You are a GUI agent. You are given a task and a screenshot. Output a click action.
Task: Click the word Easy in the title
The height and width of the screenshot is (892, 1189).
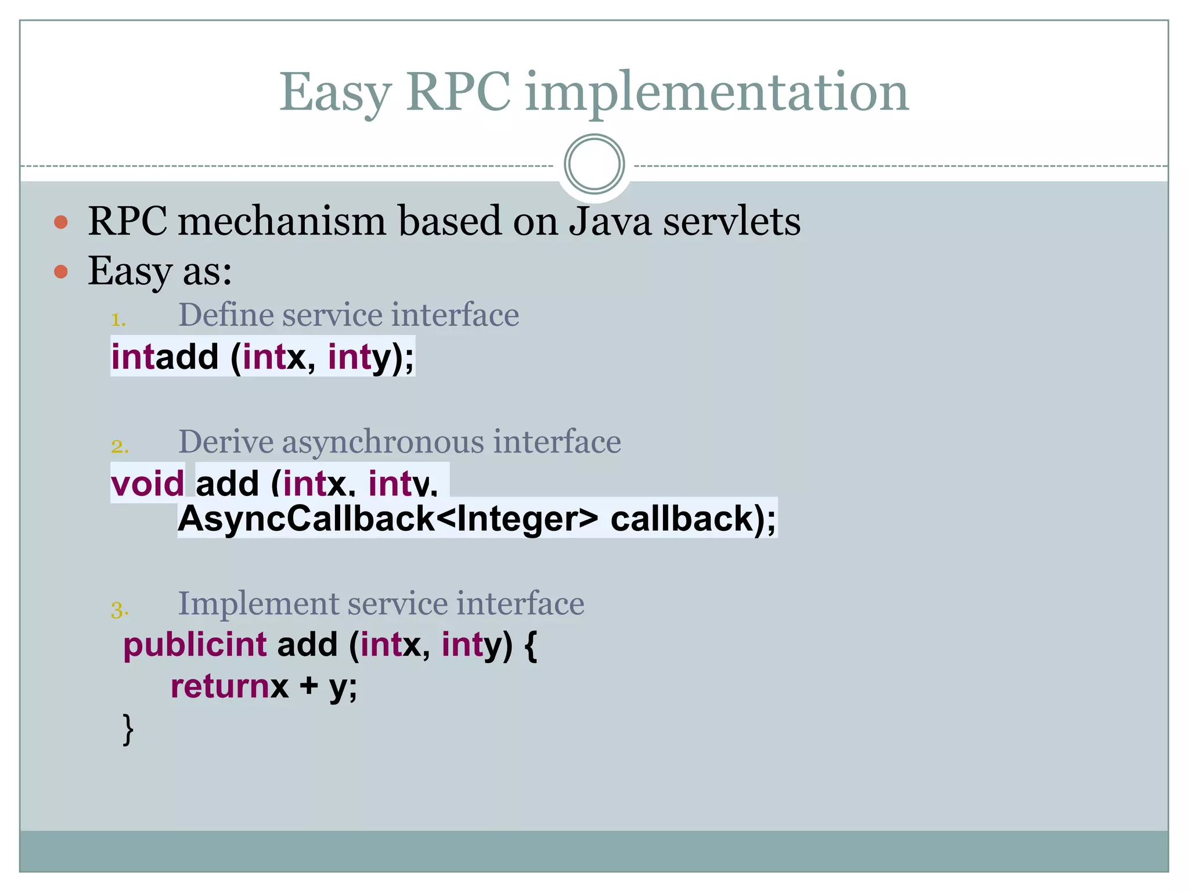pos(336,93)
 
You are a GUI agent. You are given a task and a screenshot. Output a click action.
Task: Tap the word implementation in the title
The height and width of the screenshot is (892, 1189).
pos(716,93)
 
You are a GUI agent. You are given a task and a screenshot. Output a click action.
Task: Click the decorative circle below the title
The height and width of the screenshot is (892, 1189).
pos(594,164)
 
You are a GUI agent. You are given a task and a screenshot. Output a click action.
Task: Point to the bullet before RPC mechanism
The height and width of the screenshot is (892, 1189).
pos(61,222)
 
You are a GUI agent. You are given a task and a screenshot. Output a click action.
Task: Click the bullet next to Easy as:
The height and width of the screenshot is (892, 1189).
pos(61,271)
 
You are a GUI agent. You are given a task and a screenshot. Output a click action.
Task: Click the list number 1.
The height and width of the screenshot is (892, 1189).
pos(118,319)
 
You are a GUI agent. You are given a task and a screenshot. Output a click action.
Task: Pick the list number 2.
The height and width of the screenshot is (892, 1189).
pos(120,446)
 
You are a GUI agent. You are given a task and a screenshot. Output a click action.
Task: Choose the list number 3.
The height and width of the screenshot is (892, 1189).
pos(120,609)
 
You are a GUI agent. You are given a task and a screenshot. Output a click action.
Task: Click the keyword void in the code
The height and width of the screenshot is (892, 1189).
pos(147,483)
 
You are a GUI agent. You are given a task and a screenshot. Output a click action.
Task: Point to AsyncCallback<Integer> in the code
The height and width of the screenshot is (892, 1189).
pos(388,518)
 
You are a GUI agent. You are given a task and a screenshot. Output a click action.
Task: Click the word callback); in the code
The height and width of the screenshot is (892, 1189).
pos(693,518)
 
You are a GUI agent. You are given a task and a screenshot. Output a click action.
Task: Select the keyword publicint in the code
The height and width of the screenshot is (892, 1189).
pos(195,645)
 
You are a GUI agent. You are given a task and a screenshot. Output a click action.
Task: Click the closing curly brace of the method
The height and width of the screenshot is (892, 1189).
pos(128,729)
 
